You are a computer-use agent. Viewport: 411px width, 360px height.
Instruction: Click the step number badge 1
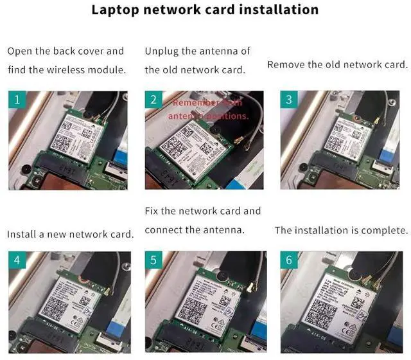[x=17, y=100]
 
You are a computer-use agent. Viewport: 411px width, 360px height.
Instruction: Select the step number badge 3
[x=290, y=100]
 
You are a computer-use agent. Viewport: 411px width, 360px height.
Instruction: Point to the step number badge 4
[x=17, y=260]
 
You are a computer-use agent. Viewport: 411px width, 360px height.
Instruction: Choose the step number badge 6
[x=290, y=260]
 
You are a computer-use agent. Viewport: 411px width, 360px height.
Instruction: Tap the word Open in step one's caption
[x=20, y=51]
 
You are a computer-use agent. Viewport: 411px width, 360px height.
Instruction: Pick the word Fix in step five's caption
[x=153, y=211]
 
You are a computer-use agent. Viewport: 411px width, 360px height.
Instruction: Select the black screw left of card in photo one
[x=24, y=168]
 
